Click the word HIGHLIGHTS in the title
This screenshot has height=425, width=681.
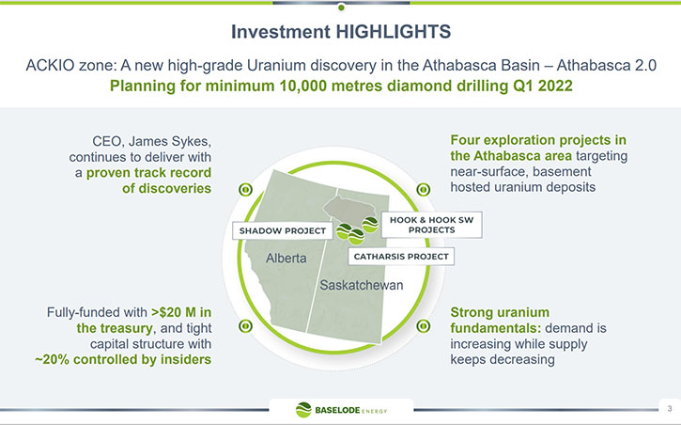pos(393,32)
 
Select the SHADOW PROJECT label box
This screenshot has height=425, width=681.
pos(283,230)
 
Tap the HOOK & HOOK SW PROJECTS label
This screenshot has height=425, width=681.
pos(431,225)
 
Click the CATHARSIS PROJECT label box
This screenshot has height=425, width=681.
pos(401,257)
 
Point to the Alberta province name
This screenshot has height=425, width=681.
pos(286,259)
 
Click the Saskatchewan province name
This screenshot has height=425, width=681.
pos(362,285)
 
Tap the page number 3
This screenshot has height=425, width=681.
pos(670,408)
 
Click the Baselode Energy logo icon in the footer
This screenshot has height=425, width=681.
pos(303,410)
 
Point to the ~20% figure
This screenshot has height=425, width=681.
pos(52,359)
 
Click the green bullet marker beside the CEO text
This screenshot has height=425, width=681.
pos(245,190)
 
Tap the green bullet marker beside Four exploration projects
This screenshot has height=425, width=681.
pos(423,190)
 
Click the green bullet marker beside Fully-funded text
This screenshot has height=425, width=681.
pos(245,326)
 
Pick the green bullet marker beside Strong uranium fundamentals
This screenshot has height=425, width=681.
pos(423,326)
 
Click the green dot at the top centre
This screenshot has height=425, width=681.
pos(341,8)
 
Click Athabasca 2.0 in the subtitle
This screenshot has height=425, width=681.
pos(606,65)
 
